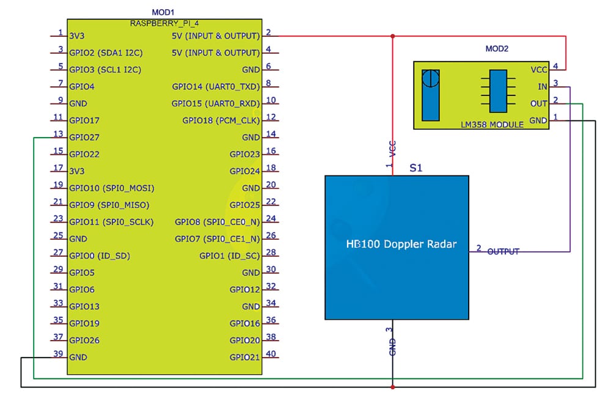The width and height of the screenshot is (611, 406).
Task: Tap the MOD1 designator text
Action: [x=163, y=12]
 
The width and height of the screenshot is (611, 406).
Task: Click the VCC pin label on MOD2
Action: [x=539, y=69]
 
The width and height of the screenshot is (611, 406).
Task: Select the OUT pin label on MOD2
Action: [x=539, y=103]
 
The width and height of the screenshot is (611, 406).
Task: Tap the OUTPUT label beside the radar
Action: [x=503, y=251]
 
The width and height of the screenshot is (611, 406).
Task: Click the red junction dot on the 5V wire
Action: [x=393, y=35]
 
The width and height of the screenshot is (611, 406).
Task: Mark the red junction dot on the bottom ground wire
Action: [x=393, y=386]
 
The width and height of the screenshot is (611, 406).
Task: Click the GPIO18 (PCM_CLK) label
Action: [x=221, y=120]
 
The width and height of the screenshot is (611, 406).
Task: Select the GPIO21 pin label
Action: [x=244, y=357]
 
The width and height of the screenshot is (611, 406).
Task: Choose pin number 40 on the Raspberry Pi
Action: [x=271, y=353]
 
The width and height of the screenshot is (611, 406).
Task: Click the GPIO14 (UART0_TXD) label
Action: [x=216, y=87]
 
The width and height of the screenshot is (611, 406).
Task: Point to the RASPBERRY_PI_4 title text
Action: [x=163, y=23]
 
